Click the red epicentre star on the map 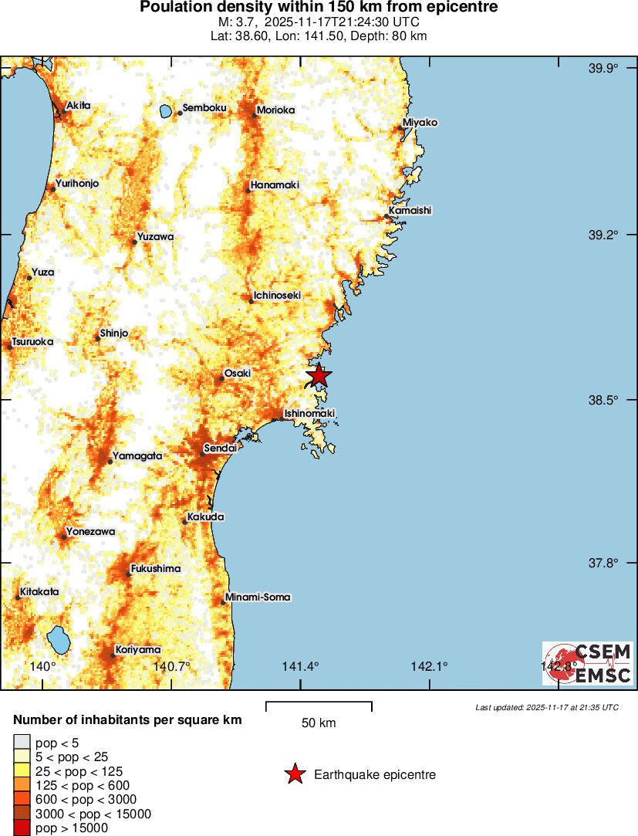318,376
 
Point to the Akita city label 78,105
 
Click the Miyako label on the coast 420,123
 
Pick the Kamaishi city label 410,210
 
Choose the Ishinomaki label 309,414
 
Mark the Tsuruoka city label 32,341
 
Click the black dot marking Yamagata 110,461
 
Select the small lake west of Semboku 166,112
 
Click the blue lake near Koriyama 59,639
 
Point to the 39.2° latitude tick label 604,235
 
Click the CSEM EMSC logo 587,664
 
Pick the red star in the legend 294,774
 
